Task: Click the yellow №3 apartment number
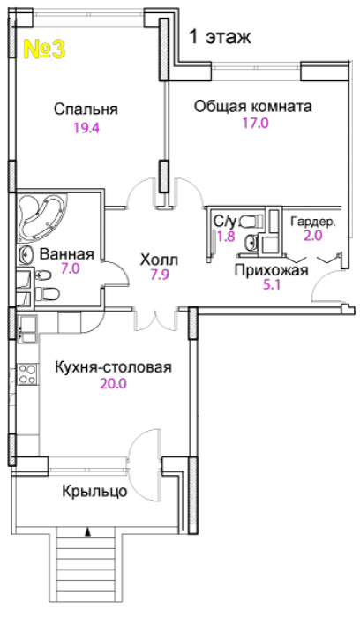pyautogui.click(x=44, y=49)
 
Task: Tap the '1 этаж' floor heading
pyautogui.click(x=221, y=37)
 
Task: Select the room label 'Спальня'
pyautogui.click(x=86, y=109)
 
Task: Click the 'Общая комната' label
pyautogui.click(x=253, y=107)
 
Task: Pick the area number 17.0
pyautogui.click(x=255, y=124)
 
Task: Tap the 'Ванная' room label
pyautogui.click(x=67, y=254)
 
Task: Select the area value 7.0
pyautogui.click(x=70, y=268)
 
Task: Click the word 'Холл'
pyautogui.click(x=160, y=260)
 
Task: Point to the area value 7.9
pyautogui.click(x=160, y=275)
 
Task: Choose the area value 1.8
pyautogui.click(x=226, y=237)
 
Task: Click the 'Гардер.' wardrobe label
pyautogui.click(x=313, y=222)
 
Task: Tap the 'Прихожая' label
pyautogui.click(x=272, y=270)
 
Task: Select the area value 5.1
pyautogui.click(x=272, y=284)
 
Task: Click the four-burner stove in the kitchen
pyautogui.click(x=28, y=374)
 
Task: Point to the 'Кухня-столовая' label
pyautogui.click(x=114, y=367)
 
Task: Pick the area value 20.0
pyautogui.click(x=113, y=383)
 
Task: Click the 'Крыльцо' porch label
pyautogui.click(x=94, y=491)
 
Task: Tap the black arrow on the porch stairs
pyautogui.click(x=87, y=532)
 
